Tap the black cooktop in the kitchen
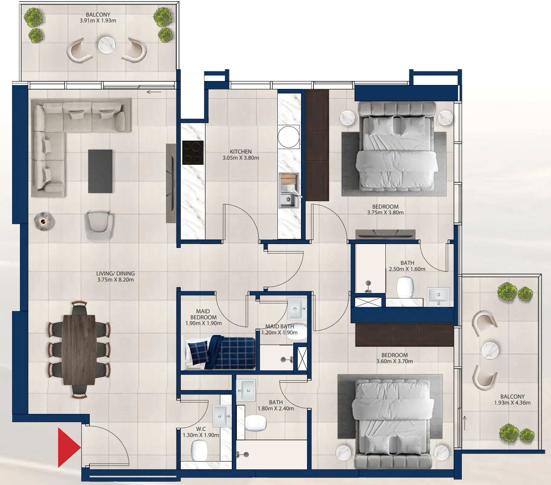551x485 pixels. point(193,153)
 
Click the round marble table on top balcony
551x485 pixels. point(107,45)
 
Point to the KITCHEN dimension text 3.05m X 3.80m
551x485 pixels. point(241,158)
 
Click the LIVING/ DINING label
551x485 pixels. point(115,273)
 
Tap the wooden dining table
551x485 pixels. point(79,350)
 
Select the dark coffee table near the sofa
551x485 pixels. point(100,171)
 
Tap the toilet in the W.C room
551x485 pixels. point(199,451)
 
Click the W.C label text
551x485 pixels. point(201,429)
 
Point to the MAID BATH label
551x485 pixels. point(279,327)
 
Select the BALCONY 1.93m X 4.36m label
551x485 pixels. point(512,399)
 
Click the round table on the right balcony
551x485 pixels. point(490,350)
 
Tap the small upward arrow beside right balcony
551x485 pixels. point(465,423)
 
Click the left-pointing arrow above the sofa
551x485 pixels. point(154,92)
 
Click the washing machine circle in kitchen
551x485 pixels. point(289,137)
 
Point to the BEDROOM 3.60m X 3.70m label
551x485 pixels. point(394,358)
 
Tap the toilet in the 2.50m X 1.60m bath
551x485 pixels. point(405,287)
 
